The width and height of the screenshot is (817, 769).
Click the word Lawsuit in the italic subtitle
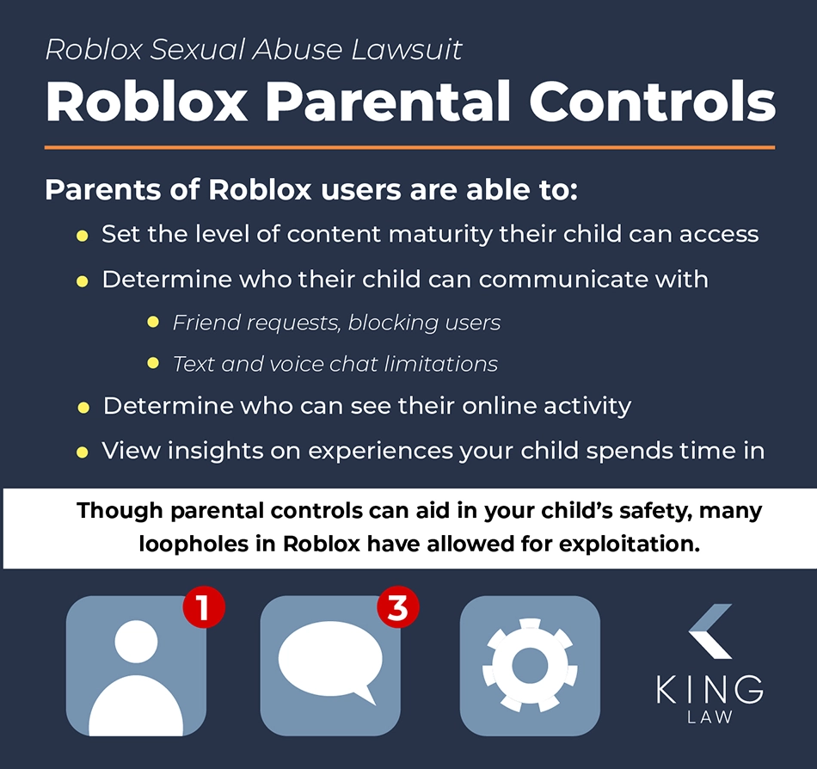point(407,50)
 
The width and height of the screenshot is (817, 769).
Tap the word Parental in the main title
point(388,102)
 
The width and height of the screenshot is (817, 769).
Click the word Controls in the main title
point(653,102)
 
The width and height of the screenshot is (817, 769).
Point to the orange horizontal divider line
point(409,147)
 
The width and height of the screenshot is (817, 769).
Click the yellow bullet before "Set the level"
point(82,236)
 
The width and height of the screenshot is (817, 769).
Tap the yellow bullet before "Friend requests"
point(153,322)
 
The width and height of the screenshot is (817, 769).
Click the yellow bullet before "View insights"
point(82,452)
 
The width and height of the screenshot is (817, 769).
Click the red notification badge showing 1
point(204,607)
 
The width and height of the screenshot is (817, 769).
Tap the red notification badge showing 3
point(398,607)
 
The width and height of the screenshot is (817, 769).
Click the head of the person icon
point(136,642)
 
